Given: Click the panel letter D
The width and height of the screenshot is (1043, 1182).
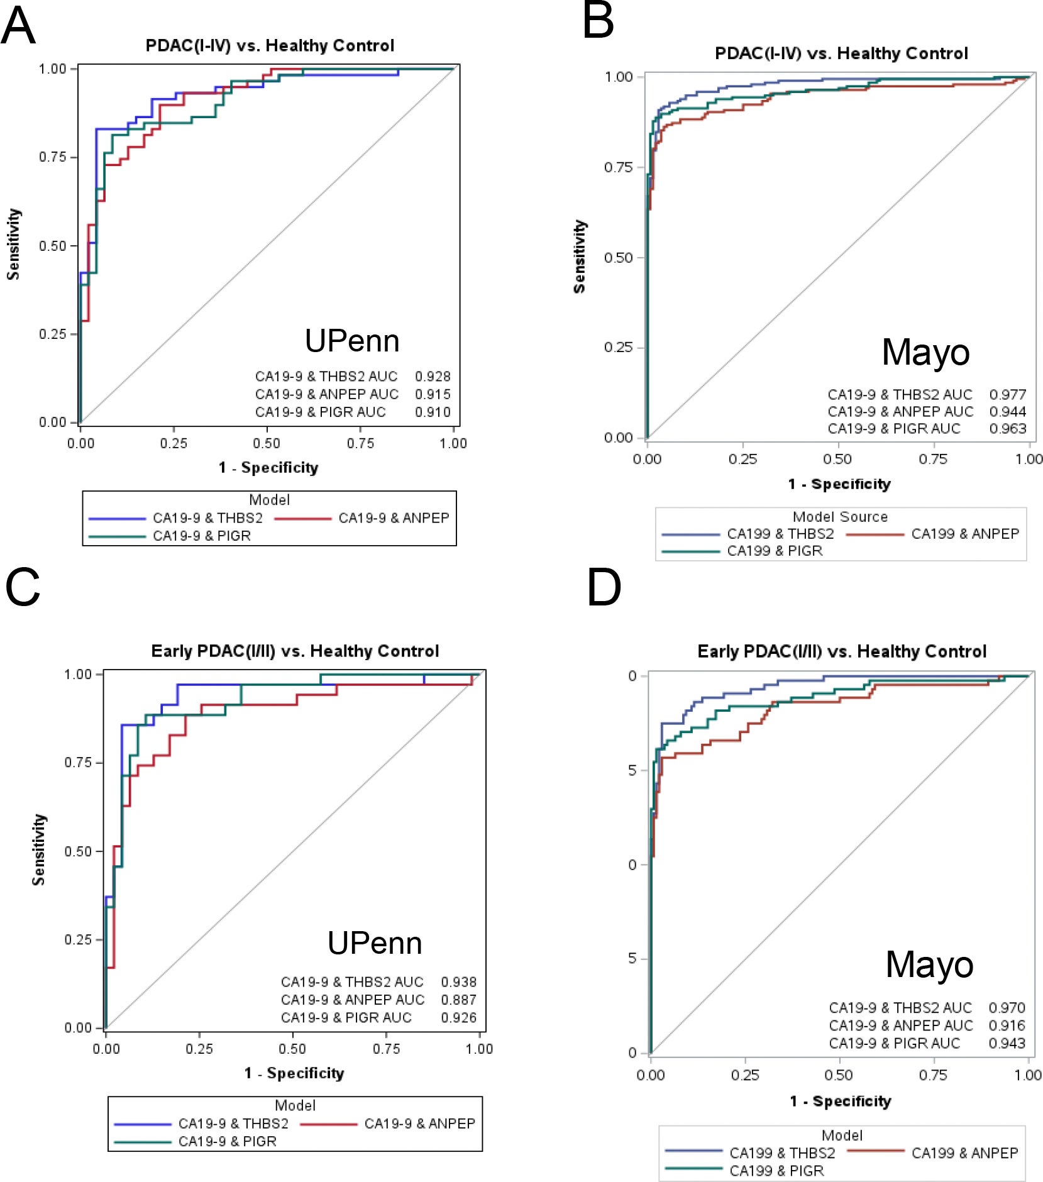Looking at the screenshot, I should [604, 588].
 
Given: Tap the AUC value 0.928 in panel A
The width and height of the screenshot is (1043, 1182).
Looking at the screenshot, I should [433, 376].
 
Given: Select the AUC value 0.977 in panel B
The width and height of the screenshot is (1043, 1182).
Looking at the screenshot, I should [1007, 394].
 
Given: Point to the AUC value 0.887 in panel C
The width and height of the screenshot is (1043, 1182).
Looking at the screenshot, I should [458, 999].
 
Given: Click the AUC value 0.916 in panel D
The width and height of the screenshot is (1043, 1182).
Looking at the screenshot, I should [1007, 1025].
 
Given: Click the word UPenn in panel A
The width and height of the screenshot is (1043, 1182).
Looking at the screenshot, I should [352, 341].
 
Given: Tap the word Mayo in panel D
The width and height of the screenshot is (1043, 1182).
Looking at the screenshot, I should [929, 964].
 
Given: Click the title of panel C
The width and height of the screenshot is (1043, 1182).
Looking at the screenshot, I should [295, 651].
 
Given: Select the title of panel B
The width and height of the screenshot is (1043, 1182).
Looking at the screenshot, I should [841, 53].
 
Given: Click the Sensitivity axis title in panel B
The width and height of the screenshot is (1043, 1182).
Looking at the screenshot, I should [579, 257].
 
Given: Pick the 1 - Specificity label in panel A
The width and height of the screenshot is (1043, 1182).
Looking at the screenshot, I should [268, 467].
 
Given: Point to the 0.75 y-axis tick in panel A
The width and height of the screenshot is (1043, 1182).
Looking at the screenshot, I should [53, 157].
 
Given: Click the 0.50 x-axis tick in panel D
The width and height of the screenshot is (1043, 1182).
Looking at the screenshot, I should [838, 1074].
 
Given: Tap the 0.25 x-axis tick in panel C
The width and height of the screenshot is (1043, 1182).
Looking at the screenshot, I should [199, 1048].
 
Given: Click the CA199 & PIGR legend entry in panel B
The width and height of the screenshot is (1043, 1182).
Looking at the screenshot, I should [775, 551].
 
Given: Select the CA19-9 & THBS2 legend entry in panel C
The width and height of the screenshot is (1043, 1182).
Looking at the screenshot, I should [233, 1123].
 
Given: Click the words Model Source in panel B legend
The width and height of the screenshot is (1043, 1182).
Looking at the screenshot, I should [840, 517].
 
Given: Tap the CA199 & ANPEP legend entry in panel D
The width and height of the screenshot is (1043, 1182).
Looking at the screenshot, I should [964, 1152].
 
